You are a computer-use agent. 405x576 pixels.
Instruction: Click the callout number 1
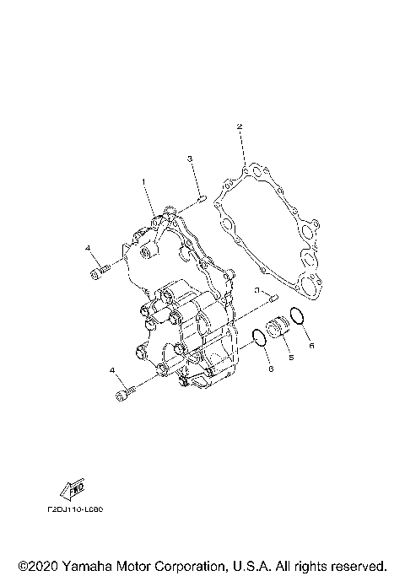click(x=143, y=181)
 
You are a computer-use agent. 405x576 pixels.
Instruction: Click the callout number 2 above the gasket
click(x=240, y=127)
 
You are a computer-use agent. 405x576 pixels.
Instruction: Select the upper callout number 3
click(x=191, y=159)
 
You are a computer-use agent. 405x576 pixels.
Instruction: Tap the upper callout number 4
click(x=87, y=248)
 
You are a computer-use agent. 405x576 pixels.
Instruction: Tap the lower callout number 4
click(x=111, y=369)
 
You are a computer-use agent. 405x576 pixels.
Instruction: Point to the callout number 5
click(x=291, y=358)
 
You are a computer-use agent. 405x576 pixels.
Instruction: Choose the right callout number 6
click(x=310, y=345)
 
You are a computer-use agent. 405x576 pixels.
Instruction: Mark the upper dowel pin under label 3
click(x=203, y=199)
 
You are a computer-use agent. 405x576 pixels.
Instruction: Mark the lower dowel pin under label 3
click(x=273, y=298)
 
